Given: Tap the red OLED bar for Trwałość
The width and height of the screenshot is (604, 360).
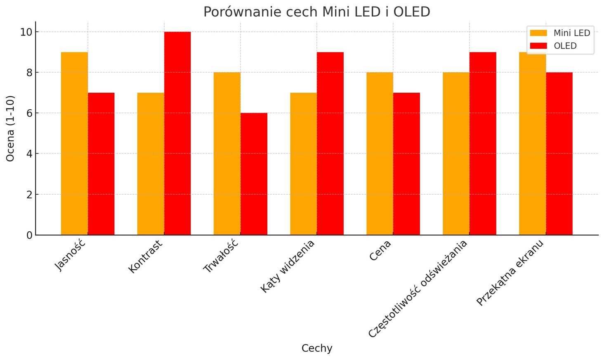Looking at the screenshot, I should [254, 174].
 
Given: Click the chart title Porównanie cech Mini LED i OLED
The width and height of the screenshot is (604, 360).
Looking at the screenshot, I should [316, 12].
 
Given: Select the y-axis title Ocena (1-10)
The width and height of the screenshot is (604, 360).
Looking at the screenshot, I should [11, 128].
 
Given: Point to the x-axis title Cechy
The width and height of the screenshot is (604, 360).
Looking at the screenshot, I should [316, 348].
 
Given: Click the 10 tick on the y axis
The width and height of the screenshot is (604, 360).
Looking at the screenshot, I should [26, 32].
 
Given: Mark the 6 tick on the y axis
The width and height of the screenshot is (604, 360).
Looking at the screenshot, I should [29, 113].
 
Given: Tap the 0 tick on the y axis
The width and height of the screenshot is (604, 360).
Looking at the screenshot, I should [29, 235].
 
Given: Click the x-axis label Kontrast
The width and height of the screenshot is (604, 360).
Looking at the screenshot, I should [146, 256].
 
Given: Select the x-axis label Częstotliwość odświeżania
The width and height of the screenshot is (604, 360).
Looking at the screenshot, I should [418, 289].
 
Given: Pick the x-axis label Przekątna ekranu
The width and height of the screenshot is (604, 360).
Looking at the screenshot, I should [510, 273].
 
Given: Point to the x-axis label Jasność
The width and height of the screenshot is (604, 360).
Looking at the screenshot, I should [70, 255].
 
